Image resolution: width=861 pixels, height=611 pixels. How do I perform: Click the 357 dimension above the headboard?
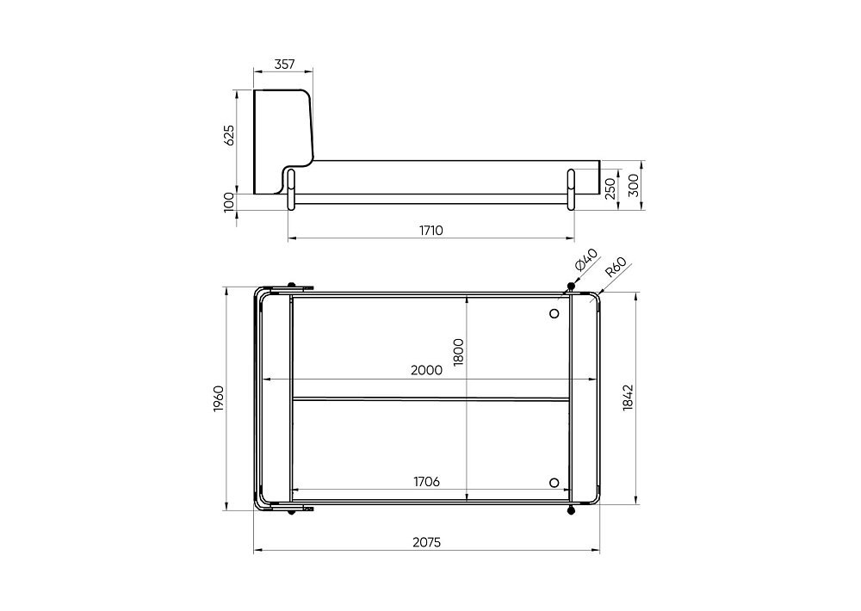(x=284, y=65)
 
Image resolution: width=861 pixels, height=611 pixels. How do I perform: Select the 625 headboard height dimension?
(x=229, y=135)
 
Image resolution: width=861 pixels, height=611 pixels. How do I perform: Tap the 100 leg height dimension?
(x=229, y=201)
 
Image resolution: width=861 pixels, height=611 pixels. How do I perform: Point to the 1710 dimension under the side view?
(x=431, y=231)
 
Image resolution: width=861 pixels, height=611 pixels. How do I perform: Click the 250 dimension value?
(x=610, y=188)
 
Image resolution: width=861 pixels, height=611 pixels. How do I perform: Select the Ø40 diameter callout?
(x=585, y=260)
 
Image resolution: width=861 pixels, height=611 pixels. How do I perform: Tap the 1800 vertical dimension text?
(x=459, y=352)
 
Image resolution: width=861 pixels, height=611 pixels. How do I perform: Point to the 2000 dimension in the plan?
(x=427, y=371)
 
